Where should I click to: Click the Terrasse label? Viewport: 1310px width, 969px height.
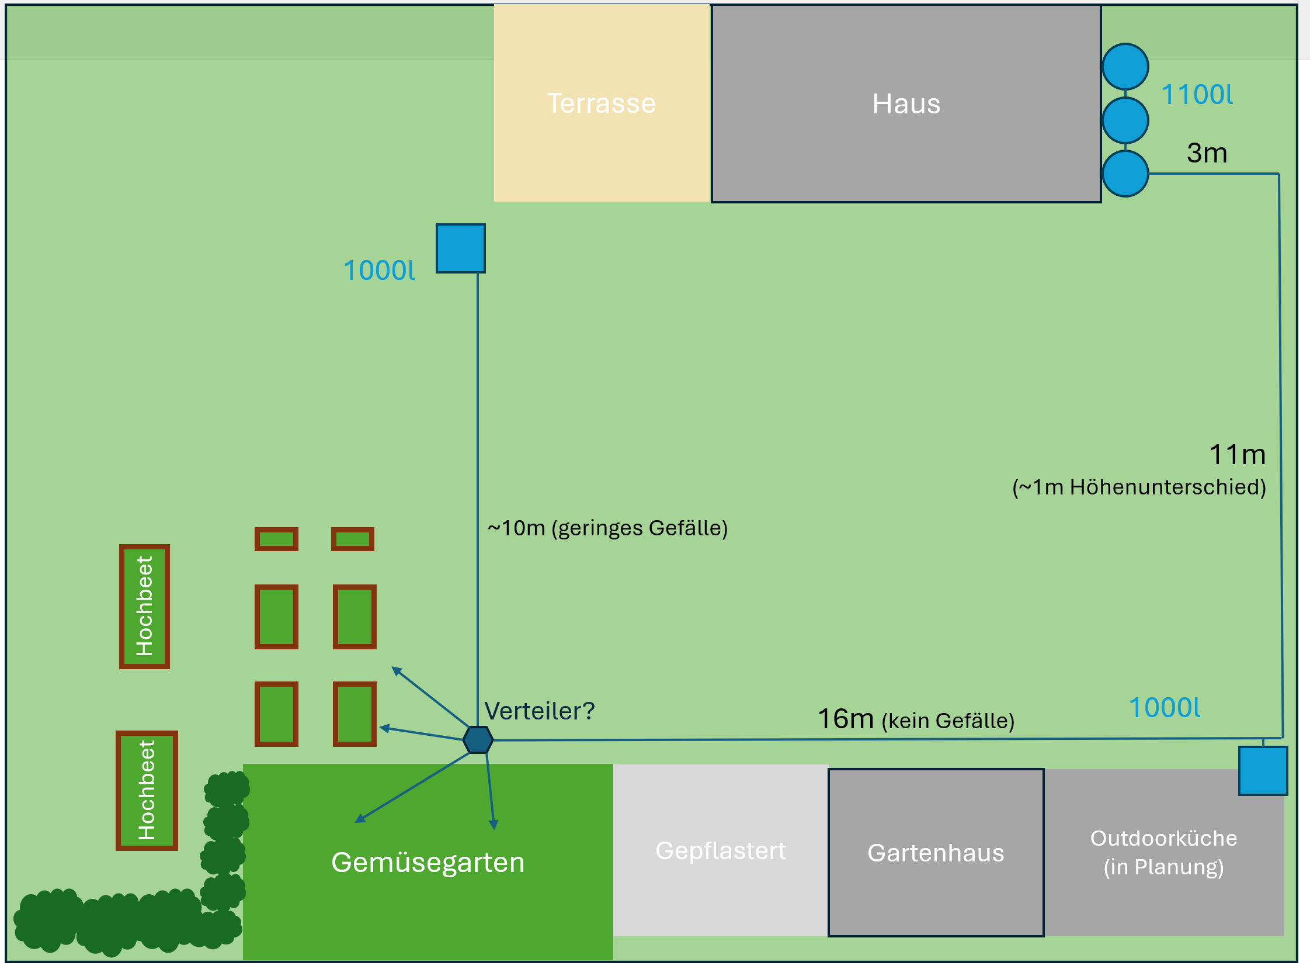pos(601,103)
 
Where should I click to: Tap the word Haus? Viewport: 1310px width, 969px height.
pos(906,104)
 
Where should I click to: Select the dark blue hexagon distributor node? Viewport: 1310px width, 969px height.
pos(478,740)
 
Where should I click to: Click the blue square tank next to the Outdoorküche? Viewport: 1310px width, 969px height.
pos(1263,771)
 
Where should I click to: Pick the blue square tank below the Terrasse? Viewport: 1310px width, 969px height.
pos(461,248)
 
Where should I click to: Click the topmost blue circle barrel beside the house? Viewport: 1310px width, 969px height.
pos(1125,66)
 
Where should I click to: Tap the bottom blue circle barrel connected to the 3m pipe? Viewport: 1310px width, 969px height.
pos(1125,174)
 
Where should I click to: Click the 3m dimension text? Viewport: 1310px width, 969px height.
pos(1206,153)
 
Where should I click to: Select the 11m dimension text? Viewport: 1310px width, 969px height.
pos(1237,455)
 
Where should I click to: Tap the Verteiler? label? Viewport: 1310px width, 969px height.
pos(539,711)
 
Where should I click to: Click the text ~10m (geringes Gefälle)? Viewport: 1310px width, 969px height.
pos(607,528)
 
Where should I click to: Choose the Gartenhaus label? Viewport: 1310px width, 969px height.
pos(936,853)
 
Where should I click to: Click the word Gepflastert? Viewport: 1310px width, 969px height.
pos(720,850)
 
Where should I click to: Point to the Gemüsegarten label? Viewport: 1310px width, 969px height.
pos(428,862)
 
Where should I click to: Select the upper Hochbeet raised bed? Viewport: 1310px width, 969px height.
pos(144,607)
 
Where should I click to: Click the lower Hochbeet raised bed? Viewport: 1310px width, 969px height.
pos(147,790)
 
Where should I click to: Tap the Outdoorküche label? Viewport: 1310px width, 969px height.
pos(1163,838)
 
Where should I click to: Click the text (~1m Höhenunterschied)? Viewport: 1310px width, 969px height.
pos(1139,487)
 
